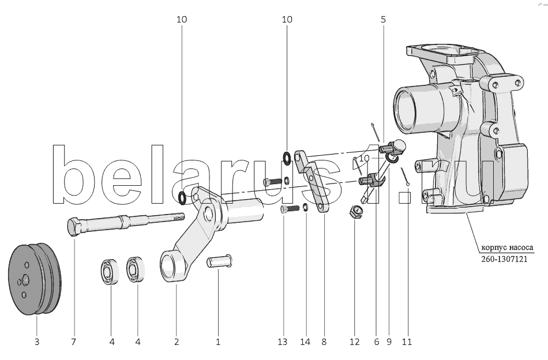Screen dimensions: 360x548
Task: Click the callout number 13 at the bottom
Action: point(282,342)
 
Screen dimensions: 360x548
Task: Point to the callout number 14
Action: point(306,342)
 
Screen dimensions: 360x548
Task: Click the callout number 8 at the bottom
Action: point(324,342)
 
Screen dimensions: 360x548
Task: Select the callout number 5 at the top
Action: point(384,19)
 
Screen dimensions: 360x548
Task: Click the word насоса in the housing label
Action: point(519,249)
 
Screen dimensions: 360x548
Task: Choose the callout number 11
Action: point(407,342)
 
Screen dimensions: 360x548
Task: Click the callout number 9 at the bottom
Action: point(389,342)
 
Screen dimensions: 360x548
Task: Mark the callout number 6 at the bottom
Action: point(376,342)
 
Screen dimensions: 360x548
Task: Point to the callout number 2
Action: point(177,342)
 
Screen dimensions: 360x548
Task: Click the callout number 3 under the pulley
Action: point(36,342)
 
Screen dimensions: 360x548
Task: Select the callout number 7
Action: point(73,342)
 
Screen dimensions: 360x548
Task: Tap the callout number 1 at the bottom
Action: point(218,342)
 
